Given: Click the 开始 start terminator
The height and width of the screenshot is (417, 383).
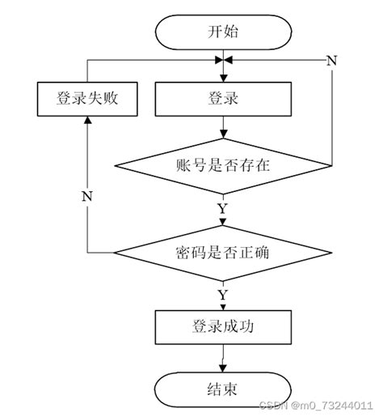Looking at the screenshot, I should point(222,32).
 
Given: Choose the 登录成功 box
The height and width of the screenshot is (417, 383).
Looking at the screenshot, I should point(222,326).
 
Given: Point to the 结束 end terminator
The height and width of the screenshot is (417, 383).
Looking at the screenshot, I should point(222,389).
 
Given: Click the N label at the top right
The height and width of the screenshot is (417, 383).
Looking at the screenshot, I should point(330,61).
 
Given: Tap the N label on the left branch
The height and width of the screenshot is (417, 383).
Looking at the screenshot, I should point(86,195).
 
